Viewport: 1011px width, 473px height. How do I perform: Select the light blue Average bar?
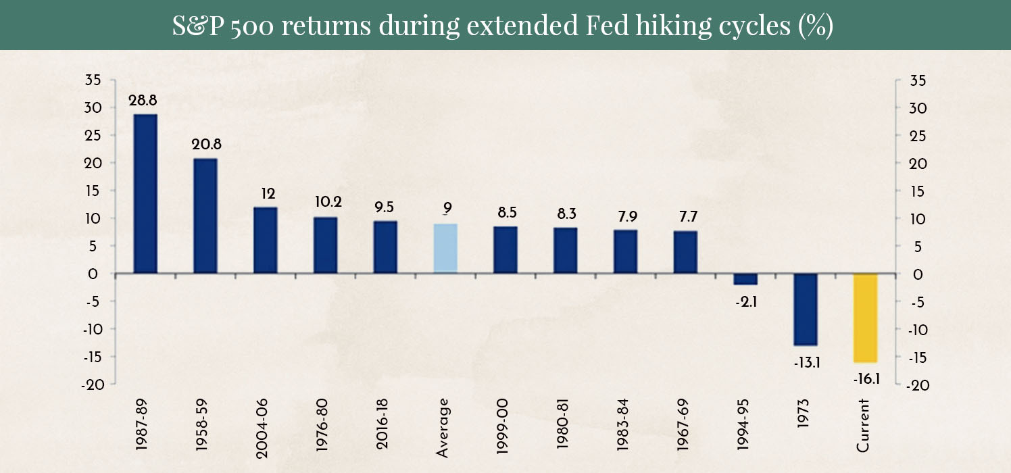pos(445,249)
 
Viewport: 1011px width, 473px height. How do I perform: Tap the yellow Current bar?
pos(865,318)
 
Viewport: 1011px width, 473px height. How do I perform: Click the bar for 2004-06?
pos(266,241)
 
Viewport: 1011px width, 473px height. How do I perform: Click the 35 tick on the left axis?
pos(93,80)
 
